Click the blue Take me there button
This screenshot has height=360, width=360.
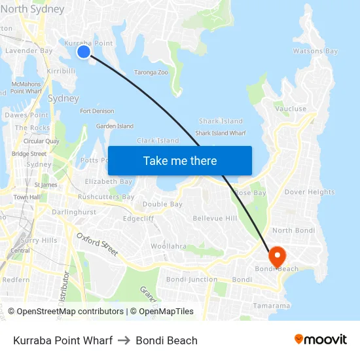point(179,160)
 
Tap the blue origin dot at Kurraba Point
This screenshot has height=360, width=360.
point(84,51)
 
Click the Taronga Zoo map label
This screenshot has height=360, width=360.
point(151,72)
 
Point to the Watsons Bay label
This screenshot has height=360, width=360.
point(315,51)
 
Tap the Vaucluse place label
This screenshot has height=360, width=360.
point(291,109)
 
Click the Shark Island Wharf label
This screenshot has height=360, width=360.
point(221,133)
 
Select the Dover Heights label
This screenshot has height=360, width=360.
point(310,192)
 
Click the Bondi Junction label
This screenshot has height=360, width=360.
point(192,279)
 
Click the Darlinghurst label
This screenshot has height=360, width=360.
point(74,212)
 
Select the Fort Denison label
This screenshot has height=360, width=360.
point(97,111)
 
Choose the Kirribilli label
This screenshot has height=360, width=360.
point(62,71)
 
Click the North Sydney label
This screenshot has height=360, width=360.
point(33,9)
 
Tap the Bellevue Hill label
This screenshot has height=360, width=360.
point(215,218)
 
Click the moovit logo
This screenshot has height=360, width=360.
point(321,339)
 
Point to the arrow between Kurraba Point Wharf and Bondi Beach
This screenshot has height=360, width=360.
point(124,340)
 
